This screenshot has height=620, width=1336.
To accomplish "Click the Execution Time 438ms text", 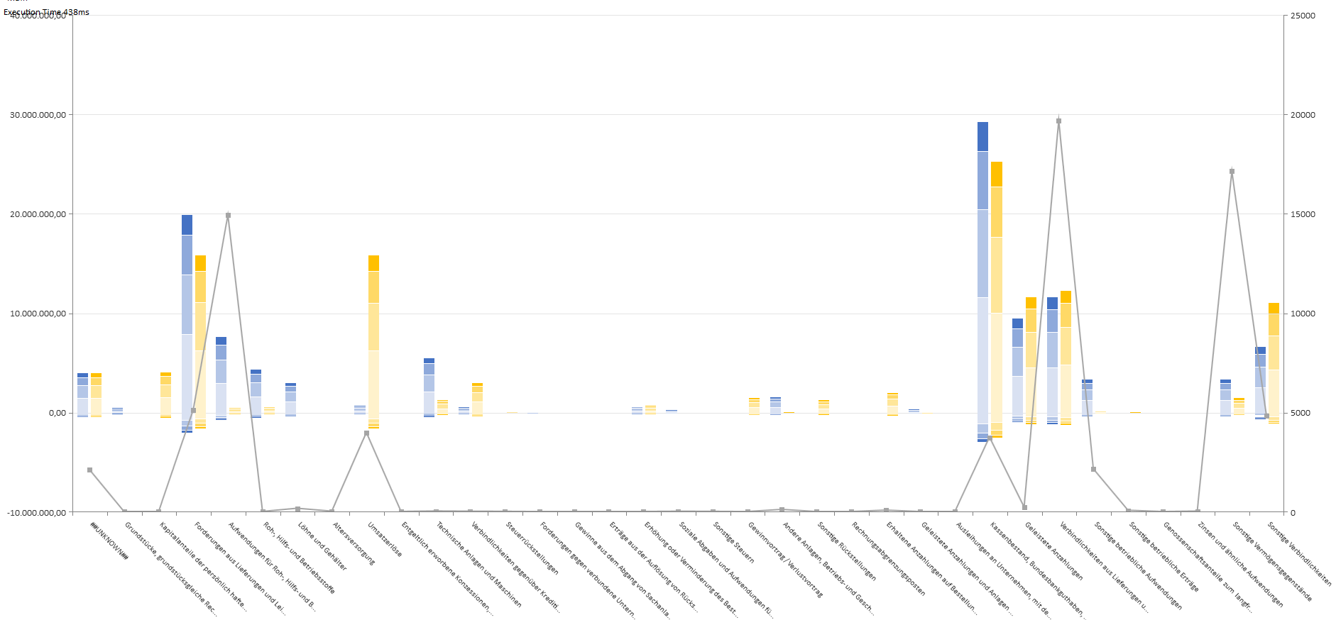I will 46,12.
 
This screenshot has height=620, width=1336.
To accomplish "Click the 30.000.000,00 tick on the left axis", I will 38,115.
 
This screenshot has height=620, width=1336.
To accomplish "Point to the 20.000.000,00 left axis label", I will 38,214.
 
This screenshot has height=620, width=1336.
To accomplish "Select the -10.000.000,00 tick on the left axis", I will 36,512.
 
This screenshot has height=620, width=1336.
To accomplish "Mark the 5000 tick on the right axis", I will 1301,413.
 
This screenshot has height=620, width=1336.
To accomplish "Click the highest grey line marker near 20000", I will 1058,121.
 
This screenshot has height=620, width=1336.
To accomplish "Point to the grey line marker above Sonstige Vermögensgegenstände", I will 1232,171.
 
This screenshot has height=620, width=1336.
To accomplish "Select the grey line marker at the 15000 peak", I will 228,215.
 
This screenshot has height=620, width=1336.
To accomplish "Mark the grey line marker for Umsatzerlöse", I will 366,433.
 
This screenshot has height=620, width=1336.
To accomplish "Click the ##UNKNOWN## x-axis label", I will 109,541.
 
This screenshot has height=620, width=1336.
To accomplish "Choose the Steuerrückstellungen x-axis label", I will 532,548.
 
